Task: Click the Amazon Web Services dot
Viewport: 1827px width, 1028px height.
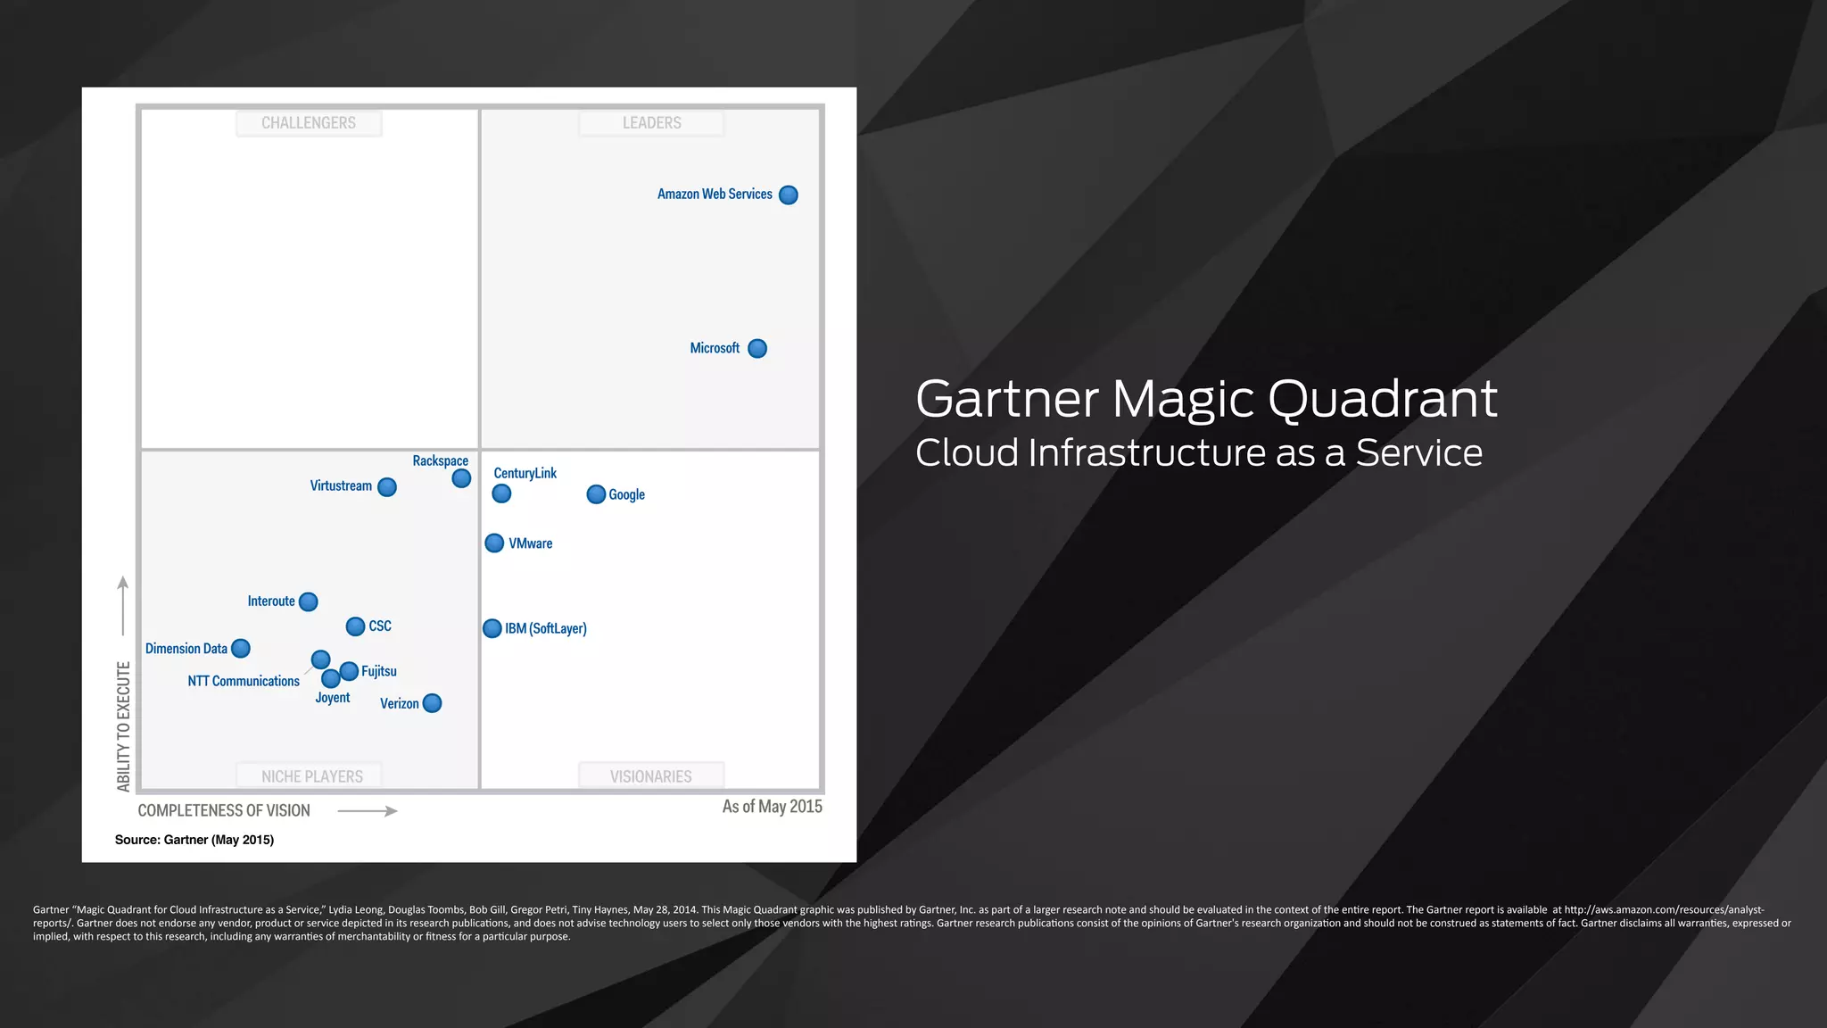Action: [x=789, y=195]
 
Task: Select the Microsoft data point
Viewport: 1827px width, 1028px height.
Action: [x=757, y=349]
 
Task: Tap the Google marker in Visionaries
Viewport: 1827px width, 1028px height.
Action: [x=596, y=494]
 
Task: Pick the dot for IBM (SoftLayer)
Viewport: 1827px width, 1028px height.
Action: [x=492, y=628]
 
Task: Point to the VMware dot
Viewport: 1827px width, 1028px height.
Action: [x=494, y=543]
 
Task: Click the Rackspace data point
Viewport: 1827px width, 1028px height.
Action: [x=461, y=478]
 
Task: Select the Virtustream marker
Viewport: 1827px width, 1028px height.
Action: [x=387, y=487]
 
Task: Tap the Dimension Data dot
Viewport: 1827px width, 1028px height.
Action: [x=241, y=649]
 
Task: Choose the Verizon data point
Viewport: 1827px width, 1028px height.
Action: [x=432, y=703]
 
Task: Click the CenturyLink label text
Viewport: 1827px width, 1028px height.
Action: [x=525, y=473]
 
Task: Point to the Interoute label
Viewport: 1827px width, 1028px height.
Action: [x=271, y=601]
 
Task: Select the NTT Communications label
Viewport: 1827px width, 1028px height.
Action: [x=244, y=681]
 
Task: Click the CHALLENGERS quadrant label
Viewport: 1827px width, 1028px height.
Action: [x=309, y=123]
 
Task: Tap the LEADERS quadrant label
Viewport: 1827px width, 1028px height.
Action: [x=651, y=123]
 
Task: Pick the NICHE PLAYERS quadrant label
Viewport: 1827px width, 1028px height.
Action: [x=311, y=776]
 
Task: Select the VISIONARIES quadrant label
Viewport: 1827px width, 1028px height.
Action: [x=651, y=776]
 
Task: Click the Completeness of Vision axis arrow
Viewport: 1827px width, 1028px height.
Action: [x=368, y=811]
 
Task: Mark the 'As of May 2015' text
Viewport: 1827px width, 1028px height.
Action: [x=772, y=807]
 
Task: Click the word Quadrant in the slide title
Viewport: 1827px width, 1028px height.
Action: [x=1382, y=399]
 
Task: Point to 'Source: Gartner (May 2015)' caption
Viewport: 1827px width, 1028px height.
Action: [x=194, y=840]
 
